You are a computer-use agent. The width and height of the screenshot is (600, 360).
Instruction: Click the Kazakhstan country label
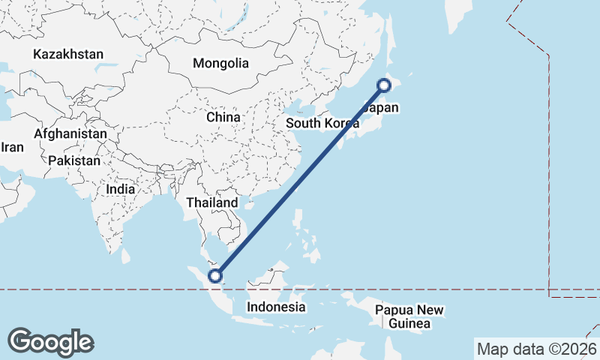click(68, 54)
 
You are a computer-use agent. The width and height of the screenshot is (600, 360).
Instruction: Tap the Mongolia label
click(220, 63)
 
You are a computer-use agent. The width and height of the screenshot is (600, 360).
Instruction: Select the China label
click(223, 117)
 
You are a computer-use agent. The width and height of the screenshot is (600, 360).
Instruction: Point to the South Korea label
click(323, 123)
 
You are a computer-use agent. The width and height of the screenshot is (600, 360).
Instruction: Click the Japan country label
click(380, 108)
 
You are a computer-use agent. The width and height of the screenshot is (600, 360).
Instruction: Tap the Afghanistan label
click(70, 133)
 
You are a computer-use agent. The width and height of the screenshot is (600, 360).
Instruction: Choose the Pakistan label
click(74, 160)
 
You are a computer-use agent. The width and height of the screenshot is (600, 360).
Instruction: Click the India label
click(121, 189)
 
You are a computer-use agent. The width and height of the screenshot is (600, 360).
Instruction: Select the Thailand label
click(212, 202)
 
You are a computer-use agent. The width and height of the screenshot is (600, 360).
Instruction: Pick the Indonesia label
click(277, 307)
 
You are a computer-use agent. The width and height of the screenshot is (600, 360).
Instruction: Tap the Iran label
click(12, 147)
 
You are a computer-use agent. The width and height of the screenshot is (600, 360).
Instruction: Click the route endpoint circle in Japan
click(383, 85)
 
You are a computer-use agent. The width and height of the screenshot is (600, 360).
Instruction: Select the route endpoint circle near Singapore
click(216, 276)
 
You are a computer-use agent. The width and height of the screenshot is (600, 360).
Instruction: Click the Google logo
click(50, 341)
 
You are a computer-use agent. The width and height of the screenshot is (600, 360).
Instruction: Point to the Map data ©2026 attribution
click(537, 349)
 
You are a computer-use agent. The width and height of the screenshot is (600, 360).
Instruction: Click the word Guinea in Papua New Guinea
click(409, 324)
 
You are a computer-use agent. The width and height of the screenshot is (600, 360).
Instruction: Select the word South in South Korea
click(303, 123)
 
